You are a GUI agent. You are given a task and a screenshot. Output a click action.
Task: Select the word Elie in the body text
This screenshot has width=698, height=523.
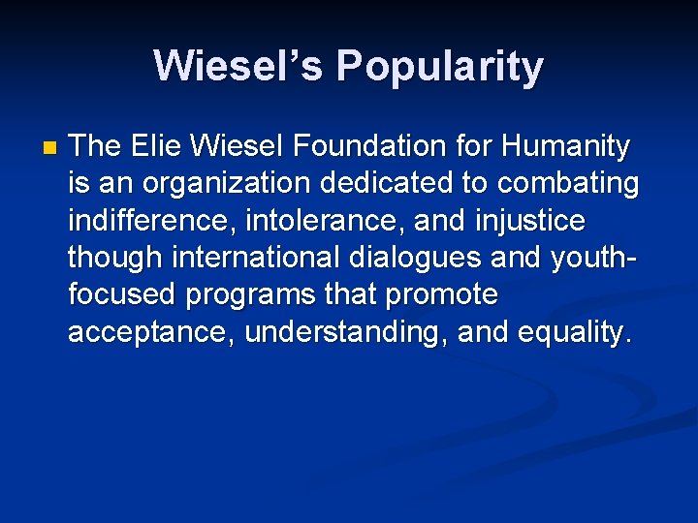158,147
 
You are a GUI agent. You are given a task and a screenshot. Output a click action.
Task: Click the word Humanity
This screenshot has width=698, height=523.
567,147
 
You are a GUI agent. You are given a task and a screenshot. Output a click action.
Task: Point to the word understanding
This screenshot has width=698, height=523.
346,333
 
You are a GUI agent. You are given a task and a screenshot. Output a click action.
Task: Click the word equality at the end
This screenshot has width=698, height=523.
575,333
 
